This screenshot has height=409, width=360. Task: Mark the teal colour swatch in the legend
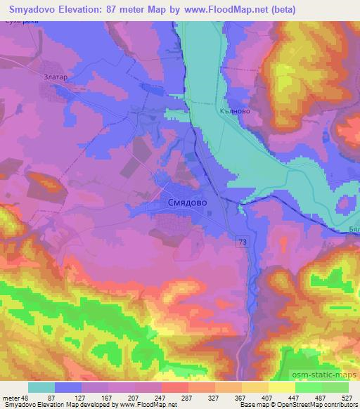(x=41, y=387)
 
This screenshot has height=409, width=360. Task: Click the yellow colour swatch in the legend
(x=282, y=387)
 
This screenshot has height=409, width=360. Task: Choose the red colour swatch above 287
(x=174, y=387)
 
